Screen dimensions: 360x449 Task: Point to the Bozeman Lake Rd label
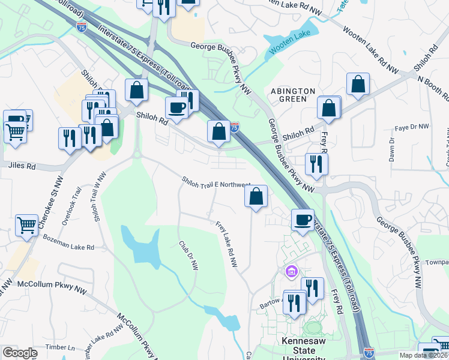68,242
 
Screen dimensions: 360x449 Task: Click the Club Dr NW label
188,256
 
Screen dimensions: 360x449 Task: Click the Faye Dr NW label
412,127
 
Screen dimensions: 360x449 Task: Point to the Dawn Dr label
391,150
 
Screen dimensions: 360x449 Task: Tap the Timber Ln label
63,347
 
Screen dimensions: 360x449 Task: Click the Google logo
20,353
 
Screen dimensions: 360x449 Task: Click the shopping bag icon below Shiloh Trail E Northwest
256,197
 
